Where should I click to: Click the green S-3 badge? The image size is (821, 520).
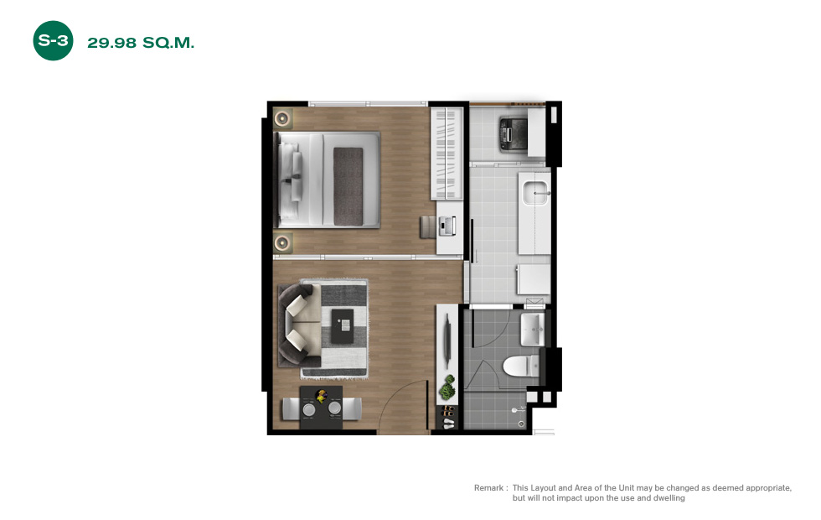[x=53, y=40]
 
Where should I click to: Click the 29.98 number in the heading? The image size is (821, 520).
[x=111, y=43]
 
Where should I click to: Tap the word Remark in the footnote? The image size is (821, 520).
[x=488, y=487]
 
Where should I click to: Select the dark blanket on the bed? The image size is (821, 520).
[x=349, y=186]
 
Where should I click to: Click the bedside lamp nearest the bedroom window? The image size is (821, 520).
[x=282, y=118]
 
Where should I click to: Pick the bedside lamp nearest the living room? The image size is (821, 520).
[x=282, y=242]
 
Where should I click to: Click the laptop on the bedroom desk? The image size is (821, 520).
[x=447, y=226]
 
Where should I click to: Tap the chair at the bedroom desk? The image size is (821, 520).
[x=428, y=227]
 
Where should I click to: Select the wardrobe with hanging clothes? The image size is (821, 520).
[x=447, y=153]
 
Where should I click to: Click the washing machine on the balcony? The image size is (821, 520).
[x=513, y=134]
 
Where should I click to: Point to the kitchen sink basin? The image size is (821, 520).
[x=535, y=193]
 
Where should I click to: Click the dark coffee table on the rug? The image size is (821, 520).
[x=343, y=326]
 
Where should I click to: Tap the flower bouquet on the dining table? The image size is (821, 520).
[x=321, y=395]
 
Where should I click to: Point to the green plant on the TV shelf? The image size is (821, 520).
[x=447, y=387]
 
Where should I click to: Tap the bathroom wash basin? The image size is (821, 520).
[x=533, y=330]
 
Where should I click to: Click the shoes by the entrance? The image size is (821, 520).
[x=448, y=418]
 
